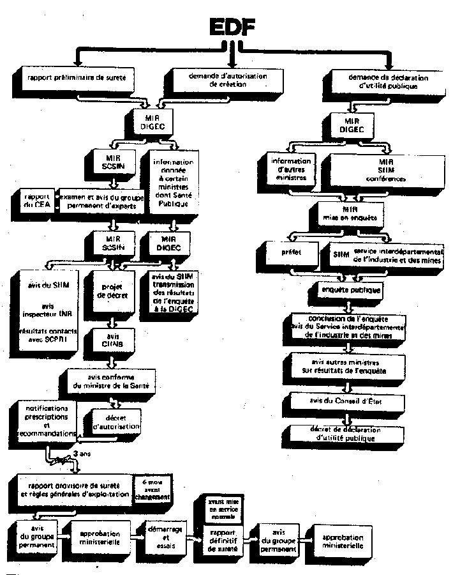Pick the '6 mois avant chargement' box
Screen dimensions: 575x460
[152, 489]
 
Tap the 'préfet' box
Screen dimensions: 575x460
[290, 252]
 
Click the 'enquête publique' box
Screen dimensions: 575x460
[350, 290]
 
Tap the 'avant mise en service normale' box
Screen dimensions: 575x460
[219, 509]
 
